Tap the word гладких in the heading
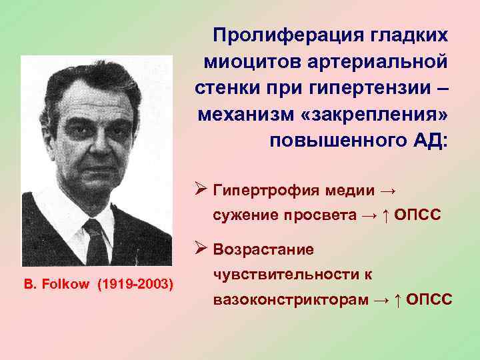click(x=403, y=34)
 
